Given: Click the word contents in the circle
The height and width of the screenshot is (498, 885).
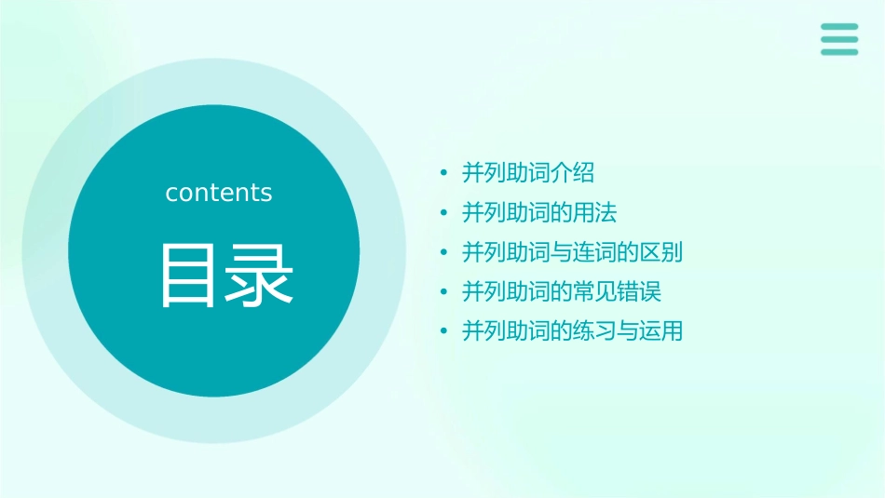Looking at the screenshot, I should click(x=219, y=193).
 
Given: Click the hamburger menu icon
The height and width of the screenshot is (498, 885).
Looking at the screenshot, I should click(x=839, y=39).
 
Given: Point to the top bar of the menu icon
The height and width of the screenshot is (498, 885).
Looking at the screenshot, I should click(x=839, y=26).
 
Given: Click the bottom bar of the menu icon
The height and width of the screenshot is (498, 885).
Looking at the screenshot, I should click(x=839, y=52).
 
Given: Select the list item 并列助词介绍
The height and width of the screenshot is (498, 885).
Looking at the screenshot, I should click(x=528, y=173).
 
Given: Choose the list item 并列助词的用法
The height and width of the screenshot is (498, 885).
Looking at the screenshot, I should click(x=539, y=213).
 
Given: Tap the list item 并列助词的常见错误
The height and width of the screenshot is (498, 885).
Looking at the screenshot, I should click(x=562, y=291).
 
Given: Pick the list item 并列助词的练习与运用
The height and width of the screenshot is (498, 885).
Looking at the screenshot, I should click(x=573, y=330).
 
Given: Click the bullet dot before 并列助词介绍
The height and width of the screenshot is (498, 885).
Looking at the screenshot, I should click(x=444, y=173).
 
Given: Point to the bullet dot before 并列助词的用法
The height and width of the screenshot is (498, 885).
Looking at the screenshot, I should click(x=444, y=213).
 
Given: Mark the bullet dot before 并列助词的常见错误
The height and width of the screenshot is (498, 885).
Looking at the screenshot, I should click(x=444, y=291).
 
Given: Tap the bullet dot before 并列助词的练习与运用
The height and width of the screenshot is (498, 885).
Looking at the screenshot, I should click(x=444, y=330).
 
